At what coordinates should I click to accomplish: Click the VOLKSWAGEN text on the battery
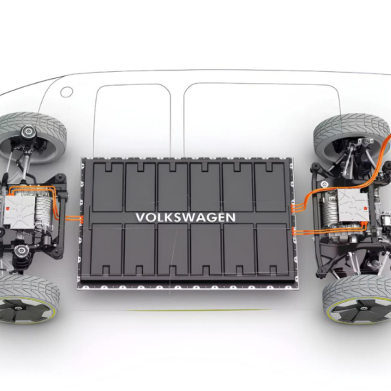point(185,217)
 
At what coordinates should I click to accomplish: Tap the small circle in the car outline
point(67,92)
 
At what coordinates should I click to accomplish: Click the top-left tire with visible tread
point(32,137)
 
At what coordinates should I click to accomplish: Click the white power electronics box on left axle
point(19,212)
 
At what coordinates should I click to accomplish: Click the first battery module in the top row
point(108,187)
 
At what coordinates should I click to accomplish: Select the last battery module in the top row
point(270,187)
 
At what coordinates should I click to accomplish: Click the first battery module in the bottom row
point(106,249)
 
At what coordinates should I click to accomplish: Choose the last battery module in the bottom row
point(272,249)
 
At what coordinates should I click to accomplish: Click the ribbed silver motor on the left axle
point(44,212)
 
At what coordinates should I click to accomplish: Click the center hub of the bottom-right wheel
point(364,309)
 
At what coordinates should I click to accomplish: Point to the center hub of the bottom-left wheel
point(17,309)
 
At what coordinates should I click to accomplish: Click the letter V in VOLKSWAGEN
point(141,217)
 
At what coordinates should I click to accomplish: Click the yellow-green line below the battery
point(197,310)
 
